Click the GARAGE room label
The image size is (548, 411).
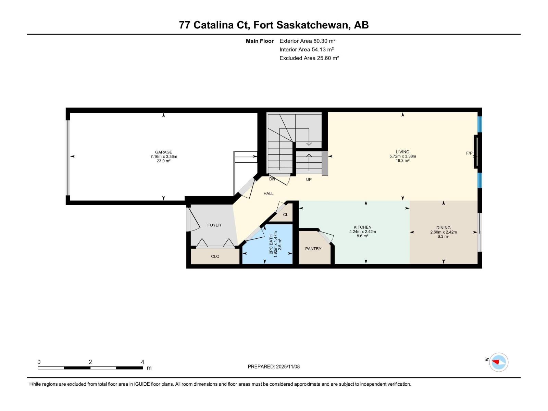coord(163,152)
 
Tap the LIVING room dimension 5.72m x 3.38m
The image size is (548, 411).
coord(402,156)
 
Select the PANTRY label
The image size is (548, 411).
coord(313,249)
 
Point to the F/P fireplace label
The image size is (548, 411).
coord(469,153)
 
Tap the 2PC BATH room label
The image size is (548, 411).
coord(271,244)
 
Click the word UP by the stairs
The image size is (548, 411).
coord(309,179)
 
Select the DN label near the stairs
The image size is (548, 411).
coord(272,179)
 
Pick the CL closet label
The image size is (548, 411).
coord(285,215)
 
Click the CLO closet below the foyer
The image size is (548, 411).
coord(215,256)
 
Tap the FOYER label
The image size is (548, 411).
coord(214,225)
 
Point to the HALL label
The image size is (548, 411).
coord(268,194)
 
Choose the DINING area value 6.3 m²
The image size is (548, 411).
coord(443,236)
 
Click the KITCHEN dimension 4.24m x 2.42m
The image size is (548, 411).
coord(362,232)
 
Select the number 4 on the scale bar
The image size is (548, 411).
coord(142,362)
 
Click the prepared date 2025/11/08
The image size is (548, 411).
coord(287,366)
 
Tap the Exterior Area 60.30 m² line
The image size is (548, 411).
coord(307,41)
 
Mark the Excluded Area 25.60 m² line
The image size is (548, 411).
coord(309,58)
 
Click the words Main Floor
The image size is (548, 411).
coord(260,41)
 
